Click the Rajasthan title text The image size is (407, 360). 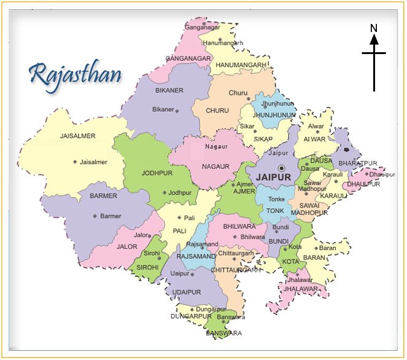point(75,74)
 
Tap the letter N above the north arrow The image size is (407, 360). point(373,28)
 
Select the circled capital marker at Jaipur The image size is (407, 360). point(281,168)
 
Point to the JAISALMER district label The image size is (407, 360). point(79,136)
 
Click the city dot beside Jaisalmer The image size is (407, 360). point(75,162)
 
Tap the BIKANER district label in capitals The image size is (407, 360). point(169,91)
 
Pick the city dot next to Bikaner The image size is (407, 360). point(177,111)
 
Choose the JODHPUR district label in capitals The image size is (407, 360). point(157,173)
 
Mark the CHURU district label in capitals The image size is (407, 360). point(217,111)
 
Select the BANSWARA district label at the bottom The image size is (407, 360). point(224,333)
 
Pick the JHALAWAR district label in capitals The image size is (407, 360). point(301,288)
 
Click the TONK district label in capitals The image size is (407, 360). point(275,211)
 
